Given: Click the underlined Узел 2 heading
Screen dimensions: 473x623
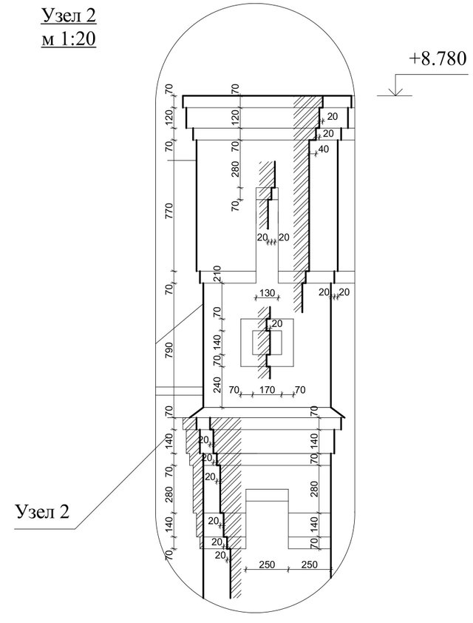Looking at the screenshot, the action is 69,17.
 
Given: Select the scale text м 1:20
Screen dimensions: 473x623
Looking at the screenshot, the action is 69,39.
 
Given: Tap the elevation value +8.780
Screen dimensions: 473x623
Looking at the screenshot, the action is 438,58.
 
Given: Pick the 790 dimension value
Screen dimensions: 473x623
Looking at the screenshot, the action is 169,350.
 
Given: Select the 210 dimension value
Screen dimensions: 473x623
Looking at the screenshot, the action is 217,275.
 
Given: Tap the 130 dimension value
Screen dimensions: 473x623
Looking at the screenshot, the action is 267,293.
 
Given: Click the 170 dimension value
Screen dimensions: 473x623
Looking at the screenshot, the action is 267,390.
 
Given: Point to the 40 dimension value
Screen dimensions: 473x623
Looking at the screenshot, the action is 324,149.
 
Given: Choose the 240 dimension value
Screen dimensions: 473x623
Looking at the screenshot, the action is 217,385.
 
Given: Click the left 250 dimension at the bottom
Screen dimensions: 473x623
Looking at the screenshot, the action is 267,565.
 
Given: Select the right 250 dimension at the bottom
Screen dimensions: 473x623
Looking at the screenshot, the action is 309,565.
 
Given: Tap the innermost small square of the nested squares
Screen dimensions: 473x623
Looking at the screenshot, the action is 267,342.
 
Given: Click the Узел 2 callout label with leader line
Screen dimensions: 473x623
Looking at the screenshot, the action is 42,511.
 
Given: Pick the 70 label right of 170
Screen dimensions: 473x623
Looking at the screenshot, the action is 300,390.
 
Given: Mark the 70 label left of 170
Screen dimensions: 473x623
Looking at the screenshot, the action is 234,390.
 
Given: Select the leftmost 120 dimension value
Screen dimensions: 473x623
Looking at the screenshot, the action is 169,118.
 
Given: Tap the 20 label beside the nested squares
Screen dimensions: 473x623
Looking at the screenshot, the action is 277,323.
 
